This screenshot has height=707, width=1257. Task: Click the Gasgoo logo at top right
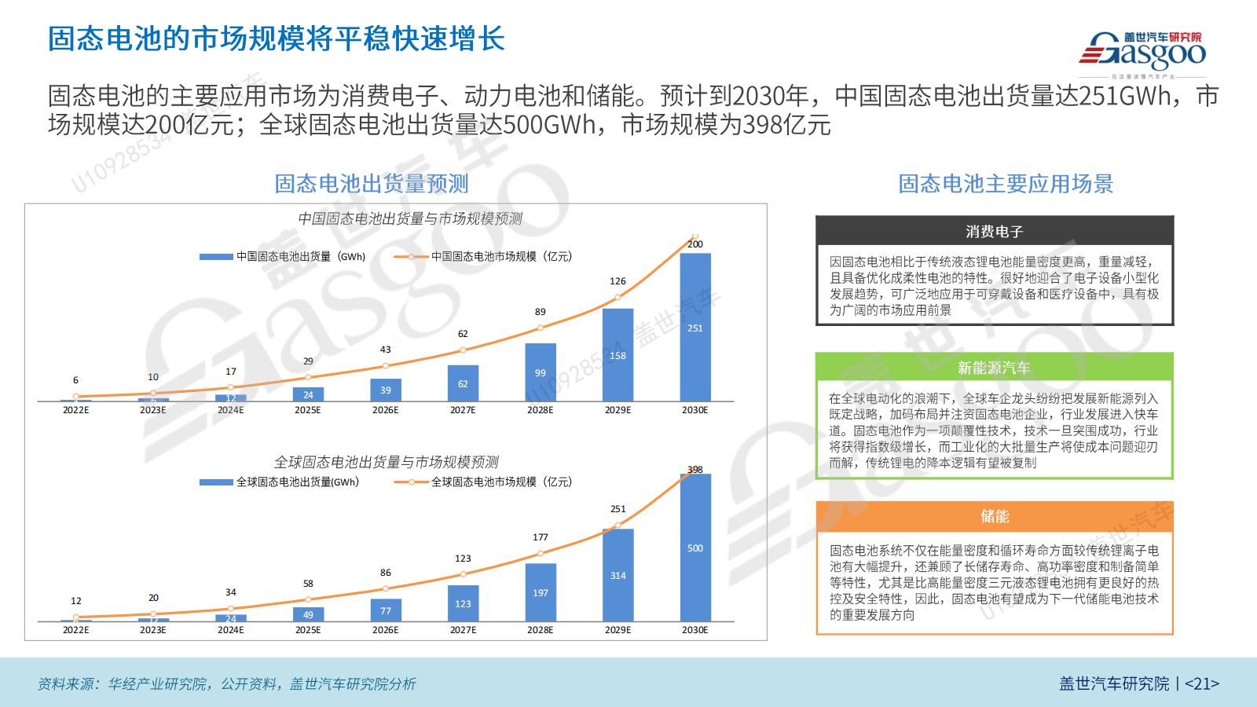[x=1144, y=52]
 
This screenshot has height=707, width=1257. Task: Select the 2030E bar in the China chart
[x=695, y=327]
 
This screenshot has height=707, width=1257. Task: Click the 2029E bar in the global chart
[x=618, y=575]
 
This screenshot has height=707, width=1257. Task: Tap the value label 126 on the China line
[x=618, y=281]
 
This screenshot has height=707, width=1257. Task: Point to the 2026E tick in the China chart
[x=385, y=410]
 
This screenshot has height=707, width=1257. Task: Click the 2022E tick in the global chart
[x=76, y=630]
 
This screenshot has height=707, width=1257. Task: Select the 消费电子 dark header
[x=994, y=231]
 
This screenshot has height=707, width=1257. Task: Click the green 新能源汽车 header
[x=994, y=368]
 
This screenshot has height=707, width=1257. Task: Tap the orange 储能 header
[x=994, y=516]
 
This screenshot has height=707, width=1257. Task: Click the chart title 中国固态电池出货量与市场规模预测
[x=410, y=218]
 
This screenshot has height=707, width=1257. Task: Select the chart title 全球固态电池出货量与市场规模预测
[x=386, y=462]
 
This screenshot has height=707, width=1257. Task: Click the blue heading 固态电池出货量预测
[x=371, y=184]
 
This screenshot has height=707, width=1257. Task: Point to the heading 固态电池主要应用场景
[x=1006, y=184]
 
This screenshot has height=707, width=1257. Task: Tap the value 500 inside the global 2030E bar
[x=695, y=548]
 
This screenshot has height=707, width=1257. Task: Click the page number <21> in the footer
[x=1201, y=683]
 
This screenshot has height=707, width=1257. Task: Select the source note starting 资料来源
[x=226, y=683]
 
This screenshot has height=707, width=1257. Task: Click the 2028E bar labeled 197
[x=541, y=592]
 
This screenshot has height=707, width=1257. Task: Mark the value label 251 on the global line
[x=618, y=509]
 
